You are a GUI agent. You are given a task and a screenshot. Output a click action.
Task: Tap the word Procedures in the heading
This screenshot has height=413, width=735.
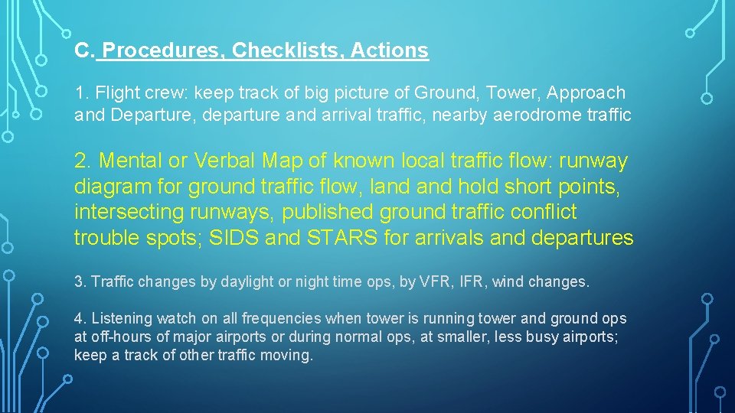(163, 51)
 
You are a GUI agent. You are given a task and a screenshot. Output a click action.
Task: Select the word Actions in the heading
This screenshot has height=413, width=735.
(390, 51)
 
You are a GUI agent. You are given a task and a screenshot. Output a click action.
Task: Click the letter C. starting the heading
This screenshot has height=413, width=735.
(83, 51)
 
